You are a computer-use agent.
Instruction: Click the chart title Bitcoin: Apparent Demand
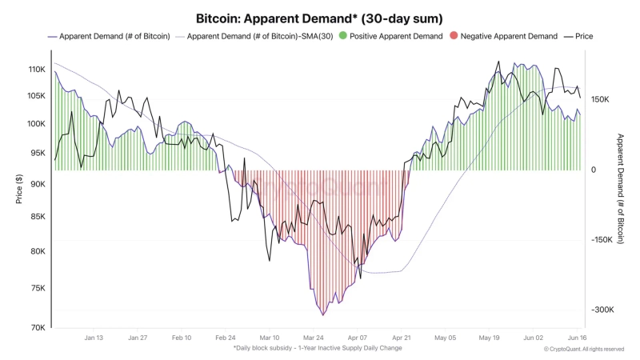pos(320,18)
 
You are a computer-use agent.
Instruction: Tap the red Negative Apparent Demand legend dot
pos(454,36)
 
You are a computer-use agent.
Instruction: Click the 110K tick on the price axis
pos(36,70)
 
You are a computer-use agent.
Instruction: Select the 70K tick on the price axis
pos(38,327)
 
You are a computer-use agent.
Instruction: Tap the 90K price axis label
pos(38,184)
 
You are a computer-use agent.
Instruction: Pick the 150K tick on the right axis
pos(601,99)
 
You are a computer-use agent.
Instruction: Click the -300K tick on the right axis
pos(602,310)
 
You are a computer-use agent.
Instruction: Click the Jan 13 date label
pos(93,338)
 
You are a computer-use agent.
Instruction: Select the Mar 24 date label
pos(314,338)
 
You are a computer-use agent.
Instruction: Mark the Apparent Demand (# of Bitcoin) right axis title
pos(620,188)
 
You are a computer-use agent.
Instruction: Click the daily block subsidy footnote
pos(318,348)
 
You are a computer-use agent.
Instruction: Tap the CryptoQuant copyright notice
pos(584,349)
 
